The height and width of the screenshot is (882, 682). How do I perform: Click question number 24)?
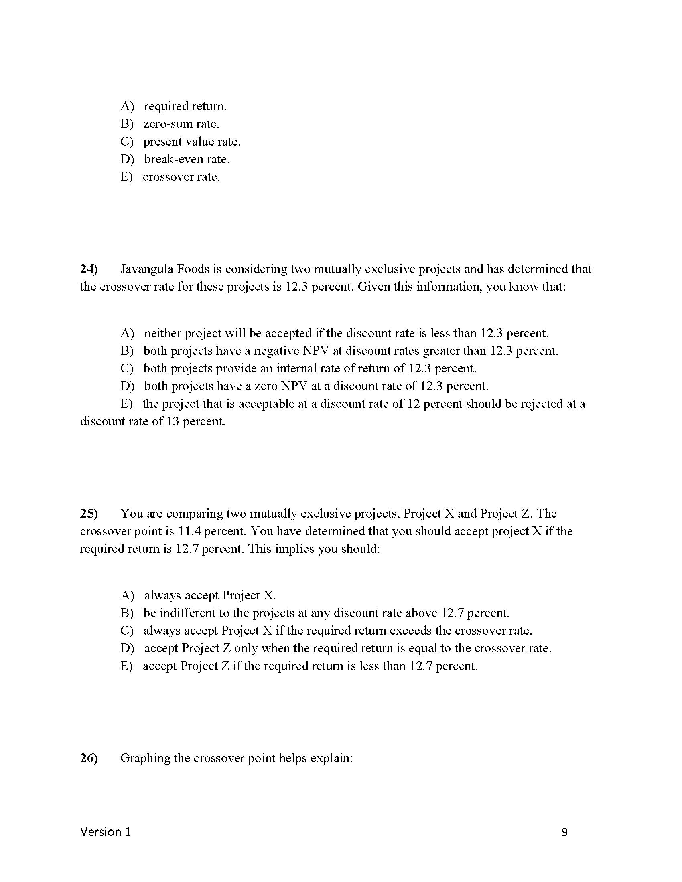coord(89,269)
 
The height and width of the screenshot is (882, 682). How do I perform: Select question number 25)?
coord(89,513)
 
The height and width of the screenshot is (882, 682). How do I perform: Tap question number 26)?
coord(89,758)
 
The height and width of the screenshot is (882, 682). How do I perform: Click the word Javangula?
coord(147,269)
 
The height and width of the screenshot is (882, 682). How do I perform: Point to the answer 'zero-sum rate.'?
coord(181,124)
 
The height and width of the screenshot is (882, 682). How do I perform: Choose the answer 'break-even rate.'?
coord(187,159)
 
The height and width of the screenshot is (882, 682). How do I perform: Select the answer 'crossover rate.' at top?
coord(181,177)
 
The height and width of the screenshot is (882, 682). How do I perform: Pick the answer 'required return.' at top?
coord(185,106)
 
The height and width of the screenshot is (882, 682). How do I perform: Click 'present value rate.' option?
coord(191,142)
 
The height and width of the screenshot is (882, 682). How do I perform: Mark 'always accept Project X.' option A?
coord(210,595)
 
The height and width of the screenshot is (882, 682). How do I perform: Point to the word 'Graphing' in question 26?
coord(145,758)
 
